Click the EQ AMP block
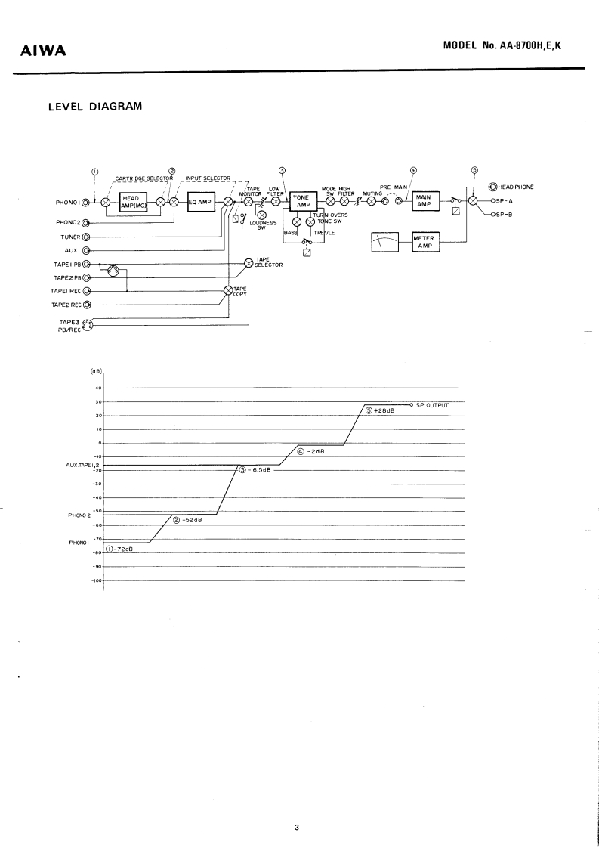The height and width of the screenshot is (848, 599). [200, 202]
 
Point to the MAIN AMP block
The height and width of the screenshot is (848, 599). [423, 201]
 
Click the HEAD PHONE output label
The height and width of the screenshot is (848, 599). [516, 186]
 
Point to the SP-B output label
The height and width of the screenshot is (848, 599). [503, 215]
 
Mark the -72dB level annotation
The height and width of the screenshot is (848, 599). [120, 549]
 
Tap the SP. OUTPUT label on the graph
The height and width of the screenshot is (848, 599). [433, 405]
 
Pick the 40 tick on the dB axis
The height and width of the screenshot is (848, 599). [97, 388]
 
